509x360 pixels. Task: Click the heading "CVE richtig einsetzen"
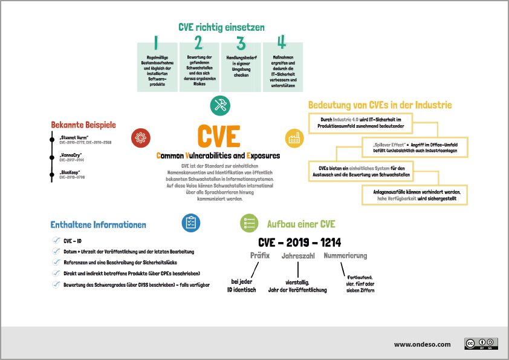(x=221, y=27)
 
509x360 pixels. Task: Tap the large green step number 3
(x=241, y=44)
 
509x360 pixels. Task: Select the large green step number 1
(x=157, y=43)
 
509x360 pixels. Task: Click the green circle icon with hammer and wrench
(x=220, y=105)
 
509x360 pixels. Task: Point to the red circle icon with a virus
(x=141, y=138)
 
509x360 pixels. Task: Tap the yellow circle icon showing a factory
(x=295, y=138)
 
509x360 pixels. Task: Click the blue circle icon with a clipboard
(x=192, y=223)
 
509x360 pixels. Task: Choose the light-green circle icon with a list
(x=250, y=223)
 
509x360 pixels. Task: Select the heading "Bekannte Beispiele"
(x=83, y=125)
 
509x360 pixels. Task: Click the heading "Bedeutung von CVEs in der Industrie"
(x=380, y=105)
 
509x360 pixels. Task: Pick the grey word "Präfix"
(x=260, y=256)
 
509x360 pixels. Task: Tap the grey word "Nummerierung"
(x=345, y=256)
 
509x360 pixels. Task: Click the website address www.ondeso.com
(x=422, y=344)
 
